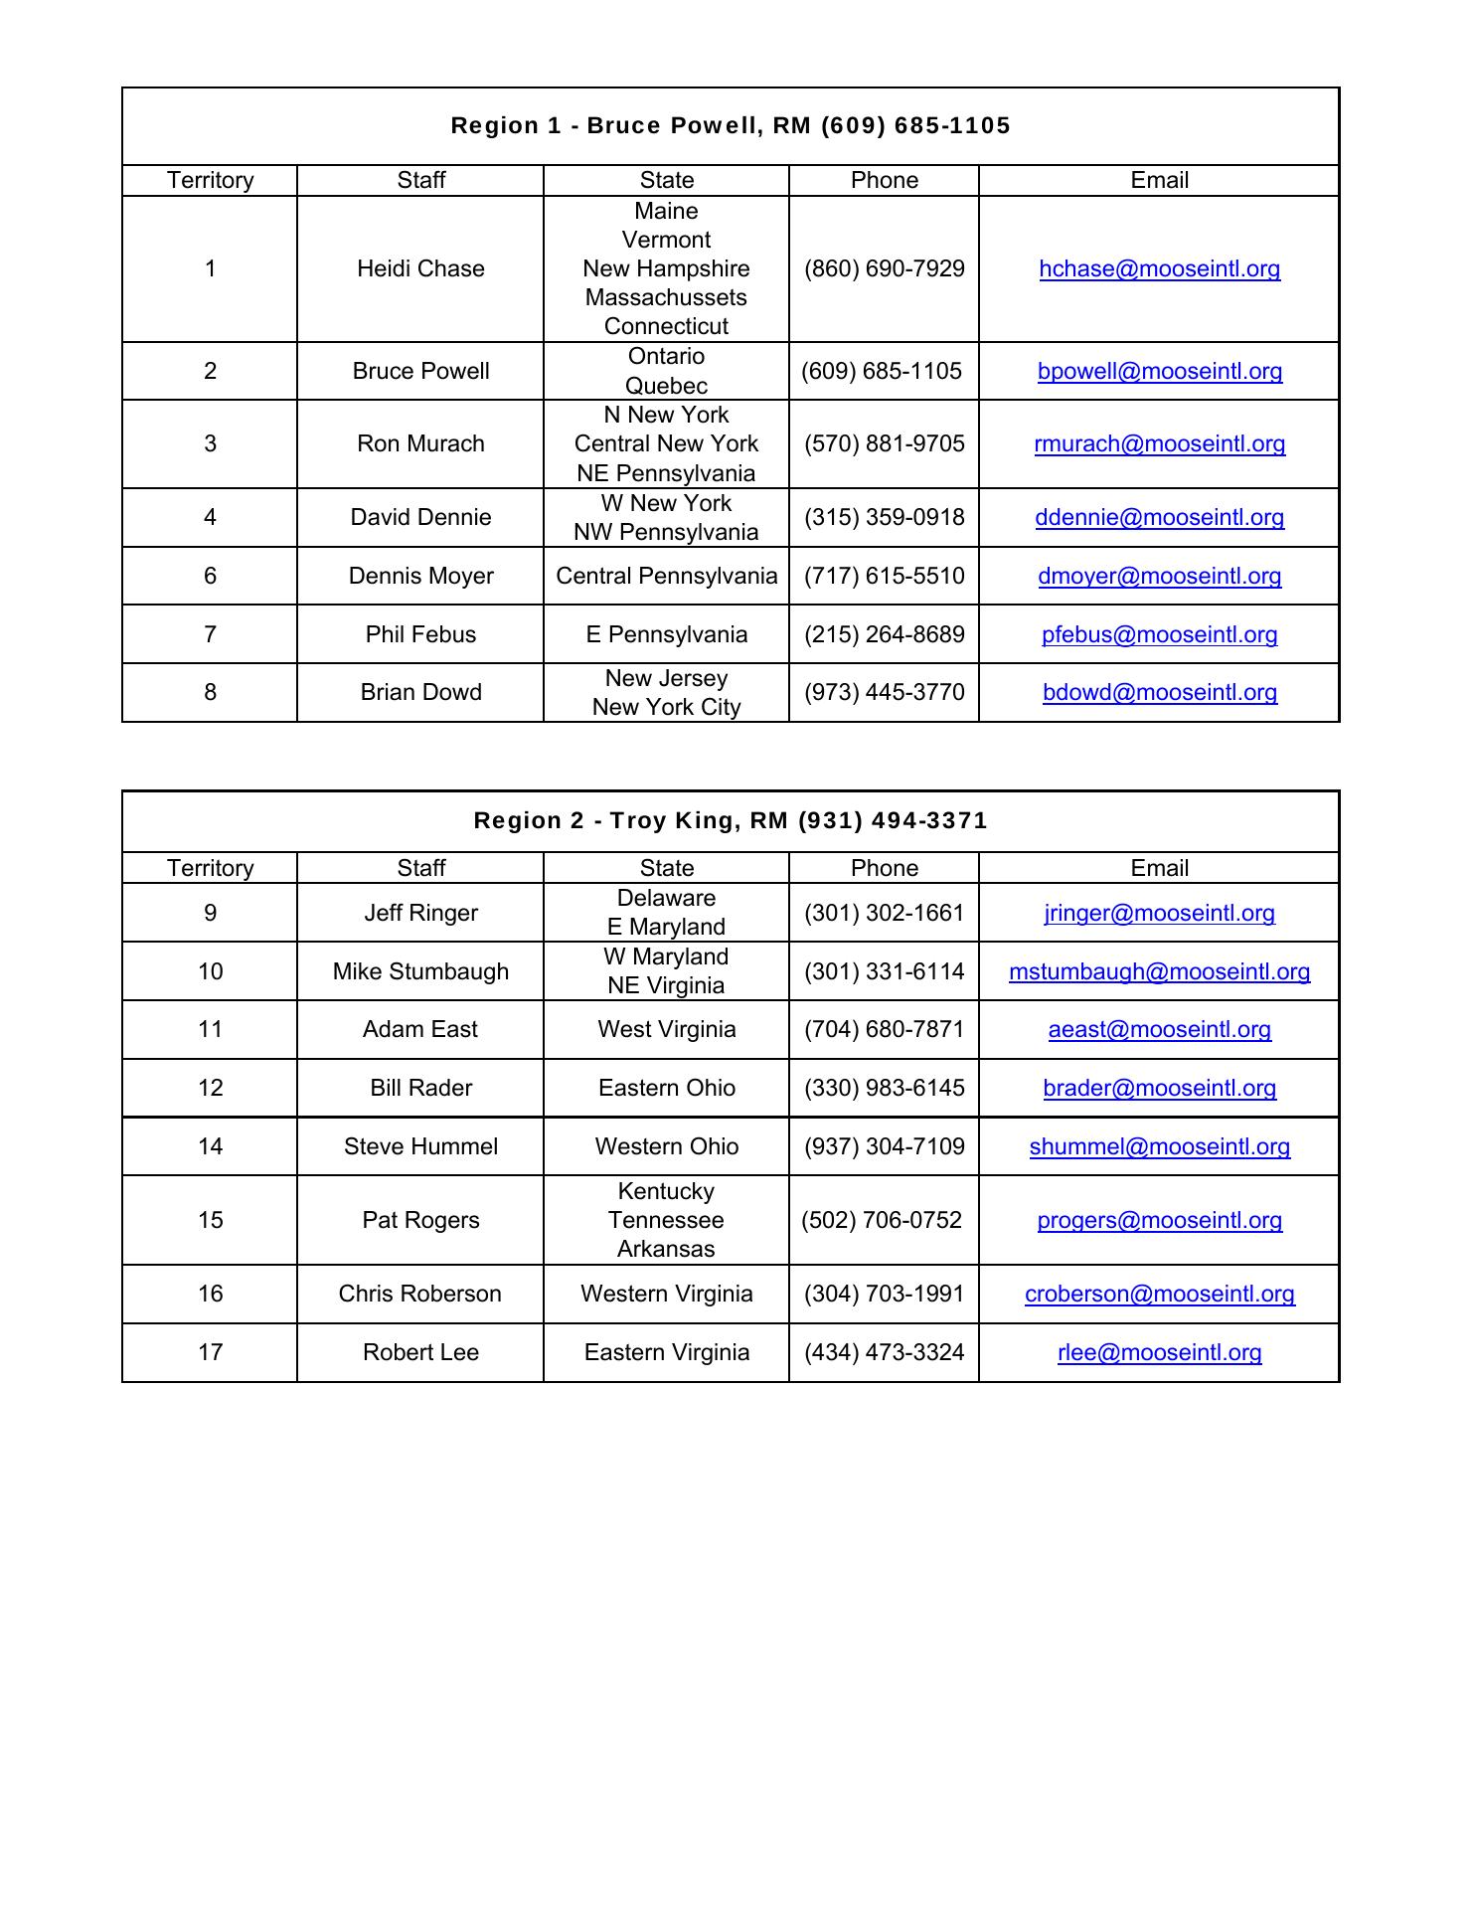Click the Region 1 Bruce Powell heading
pyautogui.click(x=731, y=125)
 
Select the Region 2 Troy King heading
pyautogui.click(x=731, y=820)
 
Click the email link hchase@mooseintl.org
pyautogui.click(x=1159, y=268)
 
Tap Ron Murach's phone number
pyautogui.click(x=884, y=443)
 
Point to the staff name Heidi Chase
pyautogui.click(x=420, y=268)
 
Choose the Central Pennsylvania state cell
pyautogui.click(x=666, y=576)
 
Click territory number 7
pyautogui.click(x=210, y=634)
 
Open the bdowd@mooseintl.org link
pyautogui.click(x=1159, y=692)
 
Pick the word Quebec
pyautogui.click(x=666, y=386)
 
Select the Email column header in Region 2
pyautogui.click(x=1159, y=868)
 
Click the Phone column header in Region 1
pyautogui.click(x=884, y=180)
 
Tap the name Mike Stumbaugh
pyautogui.click(x=420, y=971)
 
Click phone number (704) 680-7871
pyautogui.click(x=884, y=1029)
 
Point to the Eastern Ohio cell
pyautogui.click(x=666, y=1088)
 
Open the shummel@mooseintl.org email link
pyautogui.click(x=1159, y=1146)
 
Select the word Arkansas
pyautogui.click(x=666, y=1249)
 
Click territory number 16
pyautogui.click(x=210, y=1294)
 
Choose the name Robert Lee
pyautogui.click(x=420, y=1352)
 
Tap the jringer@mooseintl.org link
pyautogui.click(x=1159, y=913)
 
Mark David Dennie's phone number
pyautogui.click(x=884, y=517)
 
